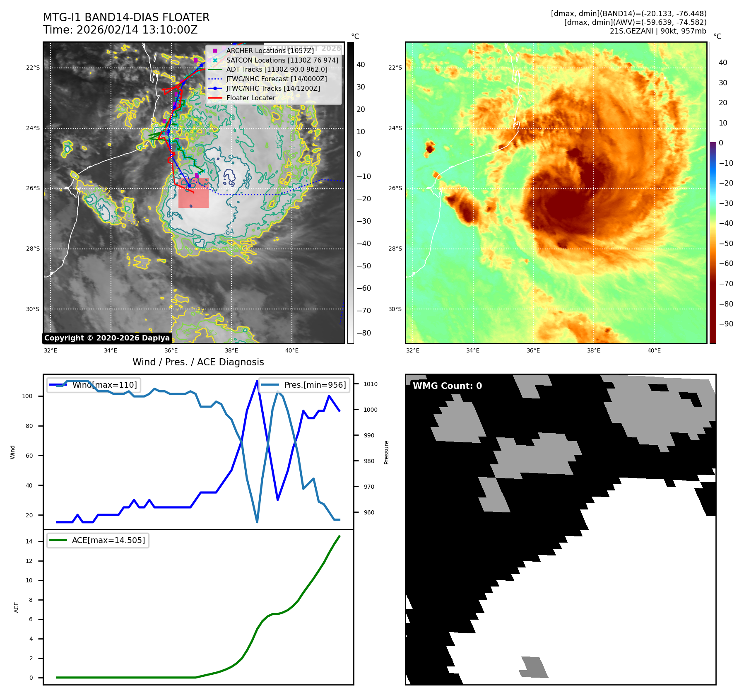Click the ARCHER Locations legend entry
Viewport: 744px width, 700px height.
coord(270,51)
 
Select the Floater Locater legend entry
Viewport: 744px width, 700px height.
coord(250,98)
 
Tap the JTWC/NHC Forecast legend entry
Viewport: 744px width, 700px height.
coord(276,79)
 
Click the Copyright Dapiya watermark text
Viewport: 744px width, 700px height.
coord(107,338)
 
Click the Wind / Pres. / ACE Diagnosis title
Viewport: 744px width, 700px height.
coord(198,362)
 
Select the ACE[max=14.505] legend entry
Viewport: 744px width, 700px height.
coord(108,540)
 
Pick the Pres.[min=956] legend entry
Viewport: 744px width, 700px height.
coord(315,385)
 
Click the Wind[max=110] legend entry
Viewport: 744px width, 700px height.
coord(104,385)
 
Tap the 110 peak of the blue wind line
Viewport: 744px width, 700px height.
coord(258,381)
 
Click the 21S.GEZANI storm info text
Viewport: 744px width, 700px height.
coord(658,31)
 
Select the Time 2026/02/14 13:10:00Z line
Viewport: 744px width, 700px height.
coord(120,30)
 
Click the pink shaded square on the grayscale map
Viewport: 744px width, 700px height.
coord(193,193)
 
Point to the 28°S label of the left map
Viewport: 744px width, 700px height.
coord(33,249)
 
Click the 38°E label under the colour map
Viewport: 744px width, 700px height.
coord(593,350)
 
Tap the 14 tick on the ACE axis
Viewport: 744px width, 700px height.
coord(29,541)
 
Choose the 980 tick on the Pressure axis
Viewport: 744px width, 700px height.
coord(369,461)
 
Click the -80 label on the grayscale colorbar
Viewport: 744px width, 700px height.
coord(364,333)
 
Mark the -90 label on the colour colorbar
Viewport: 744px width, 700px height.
coord(726,324)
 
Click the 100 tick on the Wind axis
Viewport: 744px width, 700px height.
coord(27,396)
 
